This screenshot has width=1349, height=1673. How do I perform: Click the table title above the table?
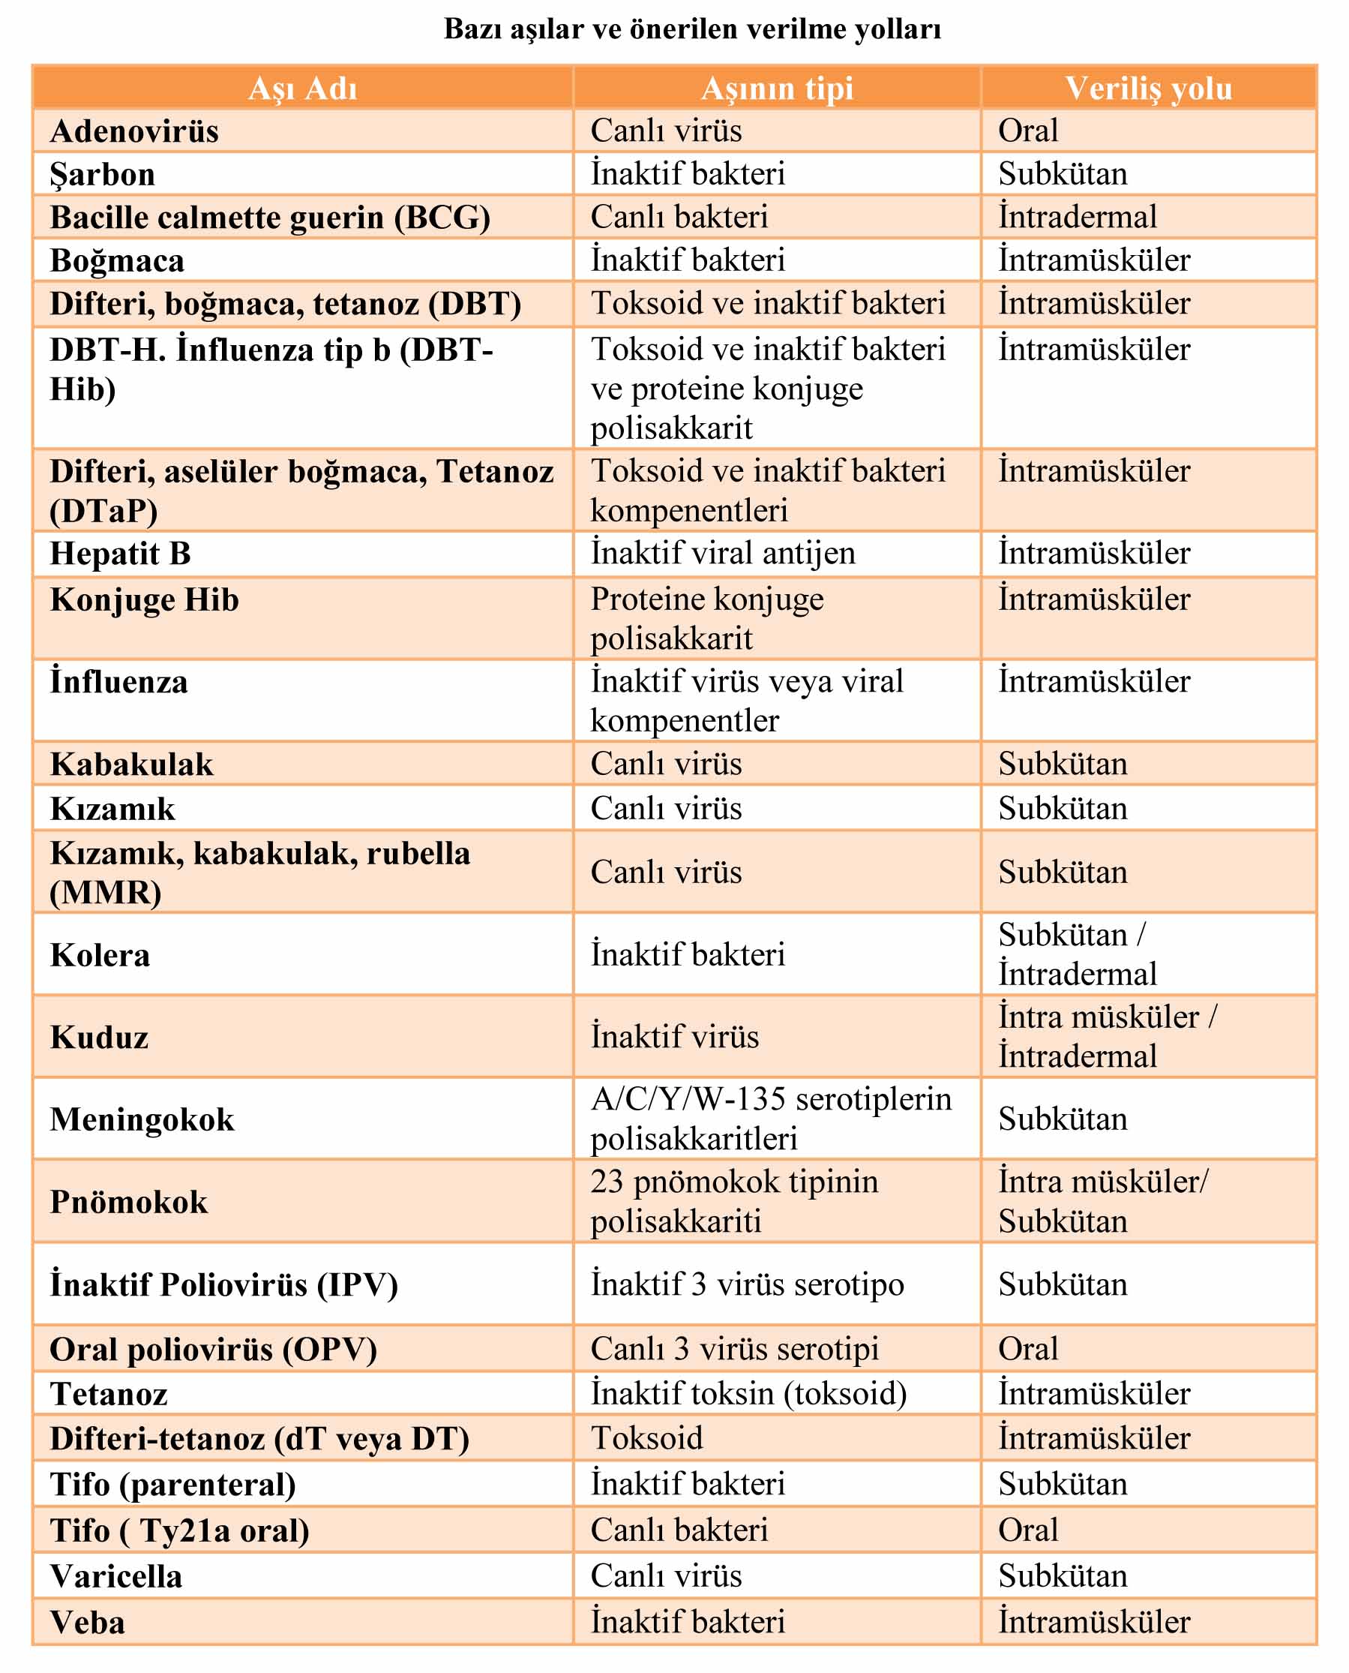coord(691,29)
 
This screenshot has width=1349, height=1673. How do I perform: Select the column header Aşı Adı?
coord(302,89)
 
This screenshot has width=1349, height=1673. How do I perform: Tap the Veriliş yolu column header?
coord(1148,89)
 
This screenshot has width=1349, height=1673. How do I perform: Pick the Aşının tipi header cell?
coord(776,89)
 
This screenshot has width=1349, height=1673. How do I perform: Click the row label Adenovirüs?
coord(134,131)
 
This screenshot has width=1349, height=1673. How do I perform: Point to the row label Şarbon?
coord(103,174)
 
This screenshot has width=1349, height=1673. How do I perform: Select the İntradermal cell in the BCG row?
coord(1077,217)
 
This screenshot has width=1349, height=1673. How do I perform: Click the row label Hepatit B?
coord(121,554)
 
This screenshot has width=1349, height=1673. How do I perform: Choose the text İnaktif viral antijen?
coord(723,554)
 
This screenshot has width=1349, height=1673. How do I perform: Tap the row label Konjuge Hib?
coord(145,600)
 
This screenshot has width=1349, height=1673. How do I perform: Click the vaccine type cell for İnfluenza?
coord(746,701)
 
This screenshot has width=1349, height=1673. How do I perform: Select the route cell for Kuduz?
coord(1108,1036)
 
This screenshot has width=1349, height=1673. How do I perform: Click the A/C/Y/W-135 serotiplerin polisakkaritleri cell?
coord(770,1119)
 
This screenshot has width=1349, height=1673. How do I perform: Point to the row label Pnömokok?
coord(129,1202)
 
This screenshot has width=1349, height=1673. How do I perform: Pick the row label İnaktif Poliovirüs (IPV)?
coord(223,1284)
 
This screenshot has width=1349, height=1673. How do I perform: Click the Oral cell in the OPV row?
coord(1027,1349)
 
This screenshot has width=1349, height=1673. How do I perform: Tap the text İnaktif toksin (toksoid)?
coord(748,1393)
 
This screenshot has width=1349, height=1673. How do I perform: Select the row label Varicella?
coord(116,1575)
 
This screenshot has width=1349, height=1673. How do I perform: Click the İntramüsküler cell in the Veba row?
coord(1093,1622)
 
